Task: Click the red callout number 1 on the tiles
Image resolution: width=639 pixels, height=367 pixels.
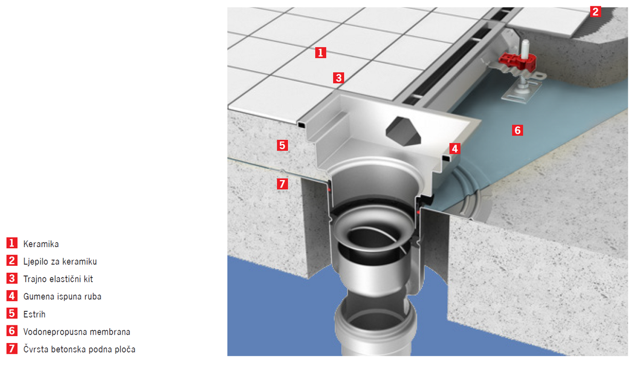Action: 321,53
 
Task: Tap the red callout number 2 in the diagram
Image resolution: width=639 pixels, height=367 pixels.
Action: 595,12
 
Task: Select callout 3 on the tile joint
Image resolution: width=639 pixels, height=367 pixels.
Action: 339,78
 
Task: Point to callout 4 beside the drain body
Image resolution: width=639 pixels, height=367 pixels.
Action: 455,149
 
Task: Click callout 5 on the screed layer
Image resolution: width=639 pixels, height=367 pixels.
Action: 282,145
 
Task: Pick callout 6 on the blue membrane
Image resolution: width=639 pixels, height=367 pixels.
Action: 518,130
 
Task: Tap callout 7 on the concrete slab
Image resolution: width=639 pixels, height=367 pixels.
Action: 282,184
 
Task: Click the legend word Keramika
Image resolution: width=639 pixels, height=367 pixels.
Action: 41,244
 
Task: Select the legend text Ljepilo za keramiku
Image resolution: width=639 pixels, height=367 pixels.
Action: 60,262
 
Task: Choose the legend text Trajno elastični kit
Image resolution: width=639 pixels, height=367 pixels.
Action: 58,279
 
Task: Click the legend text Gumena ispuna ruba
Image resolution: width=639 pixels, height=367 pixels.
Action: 62,297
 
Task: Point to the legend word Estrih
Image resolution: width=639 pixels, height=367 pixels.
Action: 35,314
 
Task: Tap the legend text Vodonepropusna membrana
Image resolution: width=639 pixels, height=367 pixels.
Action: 77,332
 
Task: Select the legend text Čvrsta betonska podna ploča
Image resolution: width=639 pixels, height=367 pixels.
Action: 79,349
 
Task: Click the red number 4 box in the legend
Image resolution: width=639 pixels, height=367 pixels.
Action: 12,296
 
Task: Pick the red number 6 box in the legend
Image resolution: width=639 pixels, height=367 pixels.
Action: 12,331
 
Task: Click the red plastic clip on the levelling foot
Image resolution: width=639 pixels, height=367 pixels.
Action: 517,62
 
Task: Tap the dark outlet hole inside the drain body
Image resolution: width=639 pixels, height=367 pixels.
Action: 403,131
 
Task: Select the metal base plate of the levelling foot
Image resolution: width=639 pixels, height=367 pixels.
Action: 522,93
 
